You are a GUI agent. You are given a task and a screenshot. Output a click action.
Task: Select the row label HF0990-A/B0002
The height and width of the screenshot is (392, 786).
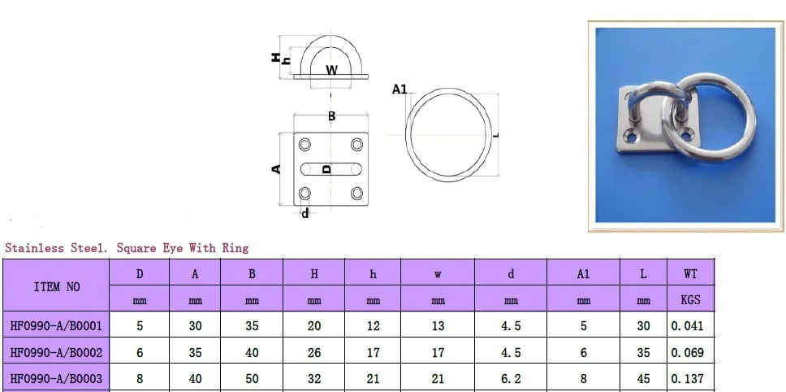pos(56,353)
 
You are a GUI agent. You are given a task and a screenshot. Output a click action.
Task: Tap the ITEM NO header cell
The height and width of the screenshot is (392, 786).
pos(57,287)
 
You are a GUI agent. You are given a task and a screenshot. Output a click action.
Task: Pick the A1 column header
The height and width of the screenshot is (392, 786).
pos(583,274)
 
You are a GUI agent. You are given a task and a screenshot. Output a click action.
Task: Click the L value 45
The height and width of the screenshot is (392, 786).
pos(643,379)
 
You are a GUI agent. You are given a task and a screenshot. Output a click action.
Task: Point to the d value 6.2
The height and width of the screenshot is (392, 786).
pos(511,379)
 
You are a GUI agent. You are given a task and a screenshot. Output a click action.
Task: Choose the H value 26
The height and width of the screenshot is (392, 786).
pos(314,353)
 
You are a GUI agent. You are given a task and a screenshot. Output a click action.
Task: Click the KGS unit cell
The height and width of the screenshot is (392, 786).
pos(690,299)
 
